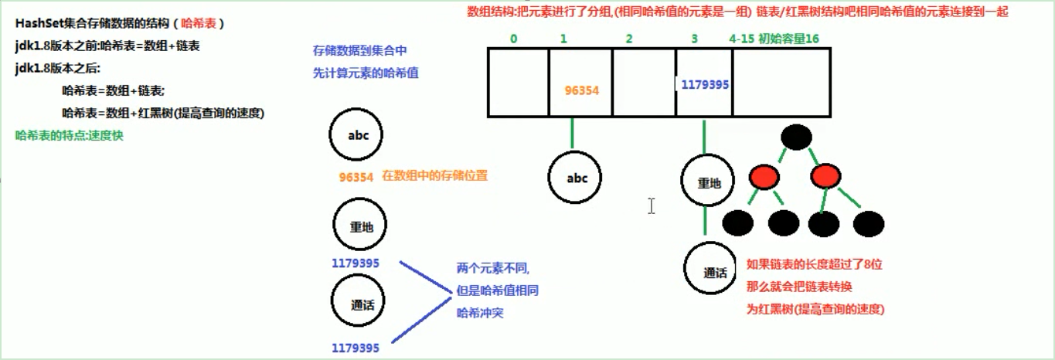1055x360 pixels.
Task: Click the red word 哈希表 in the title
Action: (199, 24)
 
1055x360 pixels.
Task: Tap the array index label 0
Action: (514, 38)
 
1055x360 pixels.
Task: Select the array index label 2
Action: (629, 38)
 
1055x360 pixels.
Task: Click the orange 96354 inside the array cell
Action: (582, 90)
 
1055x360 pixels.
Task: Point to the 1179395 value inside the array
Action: (703, 84)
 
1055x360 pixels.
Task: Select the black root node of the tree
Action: (797, 138)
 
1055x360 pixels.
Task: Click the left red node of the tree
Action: (764, 178)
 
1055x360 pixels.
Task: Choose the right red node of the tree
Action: (825, 178)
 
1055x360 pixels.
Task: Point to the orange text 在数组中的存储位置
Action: (435, 176)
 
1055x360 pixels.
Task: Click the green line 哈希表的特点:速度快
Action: (69, 134)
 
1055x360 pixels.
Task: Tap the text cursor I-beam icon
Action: (652, 205)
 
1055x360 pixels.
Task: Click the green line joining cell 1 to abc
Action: (572, 133)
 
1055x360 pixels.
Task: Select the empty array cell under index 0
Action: (518, 83)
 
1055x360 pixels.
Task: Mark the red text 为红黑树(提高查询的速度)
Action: (815, 309)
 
